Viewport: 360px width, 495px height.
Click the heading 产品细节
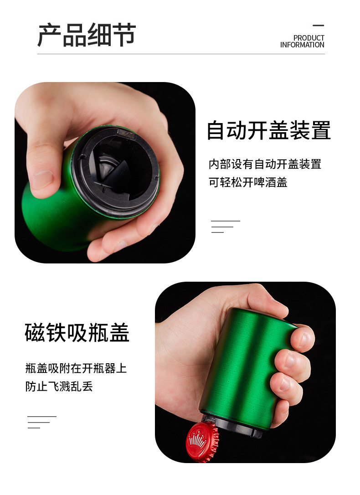click(87, 35)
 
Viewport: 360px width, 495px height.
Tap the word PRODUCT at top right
click(309, 38)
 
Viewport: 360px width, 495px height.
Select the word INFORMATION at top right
click(302, 45)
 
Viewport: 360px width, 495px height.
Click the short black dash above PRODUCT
click(319, 26)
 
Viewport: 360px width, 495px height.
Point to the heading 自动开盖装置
click(268, 130)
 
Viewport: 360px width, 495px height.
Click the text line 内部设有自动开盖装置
click(265, 164)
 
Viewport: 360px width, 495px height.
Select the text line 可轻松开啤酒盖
click(248, 182)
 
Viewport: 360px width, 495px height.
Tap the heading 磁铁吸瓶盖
click(77, 333)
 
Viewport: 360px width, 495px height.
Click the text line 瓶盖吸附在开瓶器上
click(76, 368)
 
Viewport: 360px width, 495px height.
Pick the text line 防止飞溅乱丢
click(59, 387)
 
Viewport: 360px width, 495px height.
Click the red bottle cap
click(202, 441)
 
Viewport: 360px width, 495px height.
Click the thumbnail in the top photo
click(42, 179)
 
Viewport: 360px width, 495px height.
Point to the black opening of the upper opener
click(116, 171)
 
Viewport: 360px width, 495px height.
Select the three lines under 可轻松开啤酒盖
click(225, 227)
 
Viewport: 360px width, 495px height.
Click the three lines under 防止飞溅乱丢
click(42, 422)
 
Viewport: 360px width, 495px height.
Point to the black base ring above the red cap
click(233, 425)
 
